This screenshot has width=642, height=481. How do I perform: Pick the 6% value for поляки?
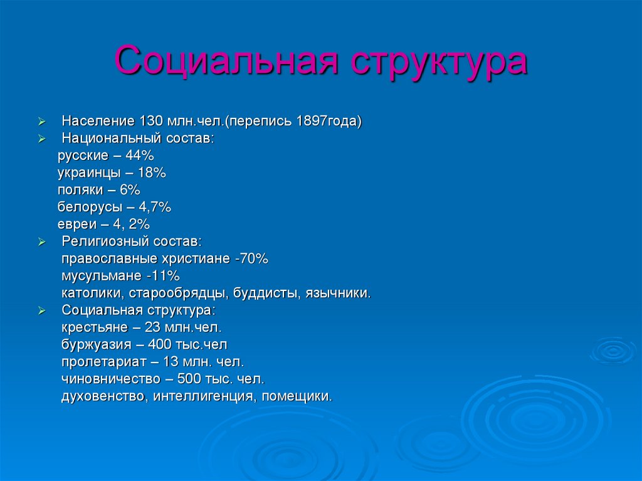(130, 189)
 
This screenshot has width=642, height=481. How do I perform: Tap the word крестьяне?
(93, 327)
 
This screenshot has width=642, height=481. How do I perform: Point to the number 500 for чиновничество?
(191, 379)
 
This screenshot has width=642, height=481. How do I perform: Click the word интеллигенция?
(204, 396)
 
